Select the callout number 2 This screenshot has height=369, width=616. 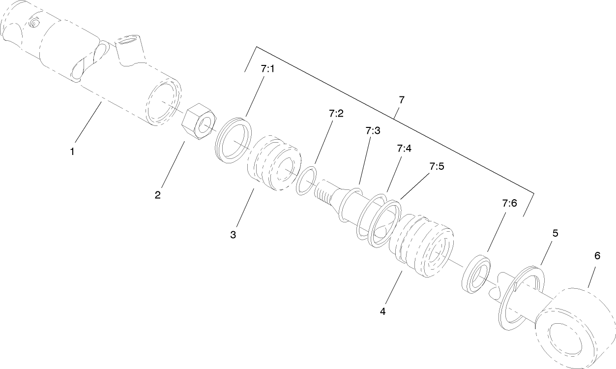point(158,195)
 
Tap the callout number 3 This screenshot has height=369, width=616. point(233,235)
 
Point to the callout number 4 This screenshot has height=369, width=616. point(382,311)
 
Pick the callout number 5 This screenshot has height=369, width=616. point(555,233)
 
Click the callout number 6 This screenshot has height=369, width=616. point(597,256)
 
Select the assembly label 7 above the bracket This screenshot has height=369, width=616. point(402,100)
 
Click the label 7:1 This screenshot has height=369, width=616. point(267,69)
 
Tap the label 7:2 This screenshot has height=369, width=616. point(336,113)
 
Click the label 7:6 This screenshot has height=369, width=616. point(509,203)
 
